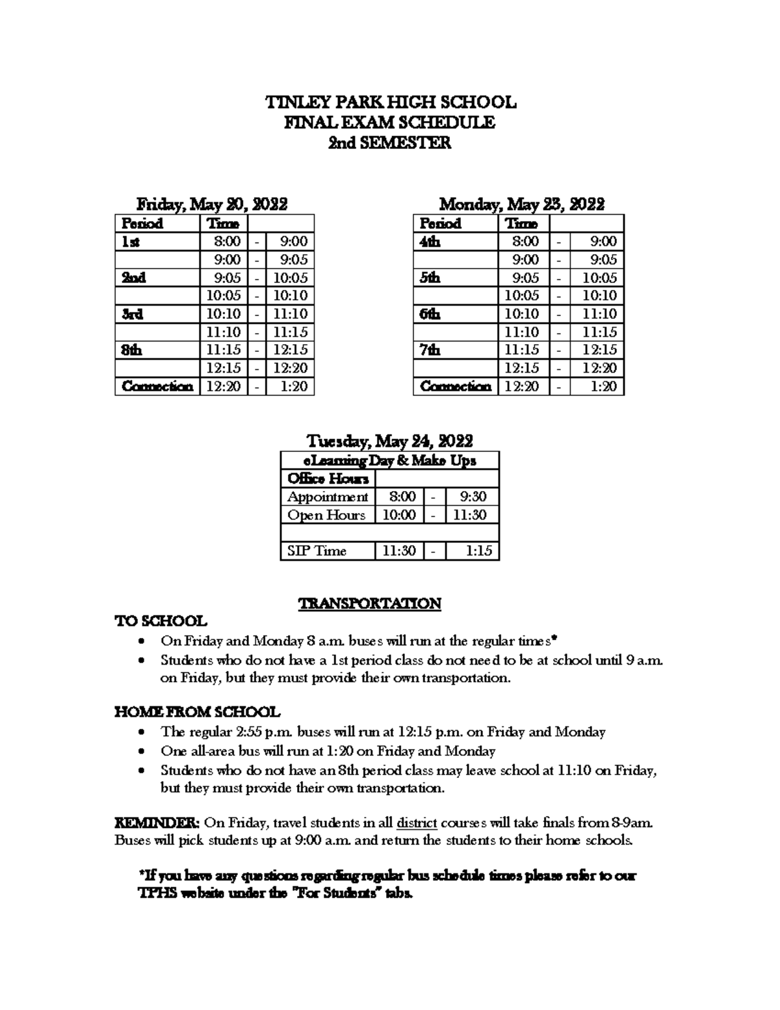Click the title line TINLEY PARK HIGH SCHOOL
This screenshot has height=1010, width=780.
point(390,102)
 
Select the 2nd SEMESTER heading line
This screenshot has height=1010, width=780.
point(389,142)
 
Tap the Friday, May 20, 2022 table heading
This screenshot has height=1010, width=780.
point(212,204)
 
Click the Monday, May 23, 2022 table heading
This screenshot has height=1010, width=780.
point(522,204)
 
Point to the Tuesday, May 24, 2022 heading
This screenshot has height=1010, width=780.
point(389,441)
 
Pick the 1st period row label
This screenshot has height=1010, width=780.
point(131,241)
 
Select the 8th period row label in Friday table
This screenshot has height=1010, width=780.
point(132,350)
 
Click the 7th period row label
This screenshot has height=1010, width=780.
point(430,350)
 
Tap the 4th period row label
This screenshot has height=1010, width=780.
point(430,241)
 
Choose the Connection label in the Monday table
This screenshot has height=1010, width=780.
point(456,386)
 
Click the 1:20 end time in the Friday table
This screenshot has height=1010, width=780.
point(294,386)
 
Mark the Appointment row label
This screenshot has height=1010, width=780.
point(328,497)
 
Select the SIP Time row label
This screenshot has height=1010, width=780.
point(317,551)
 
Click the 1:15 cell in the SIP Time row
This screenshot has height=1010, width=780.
point(478,551)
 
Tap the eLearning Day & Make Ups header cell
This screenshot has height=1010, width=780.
point(390,460)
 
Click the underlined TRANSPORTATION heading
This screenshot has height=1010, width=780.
point(370,604)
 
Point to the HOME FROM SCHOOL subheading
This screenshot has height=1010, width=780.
point(198,711)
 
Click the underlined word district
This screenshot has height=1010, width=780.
point(417,822)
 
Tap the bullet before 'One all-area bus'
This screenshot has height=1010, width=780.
point(142,751)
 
